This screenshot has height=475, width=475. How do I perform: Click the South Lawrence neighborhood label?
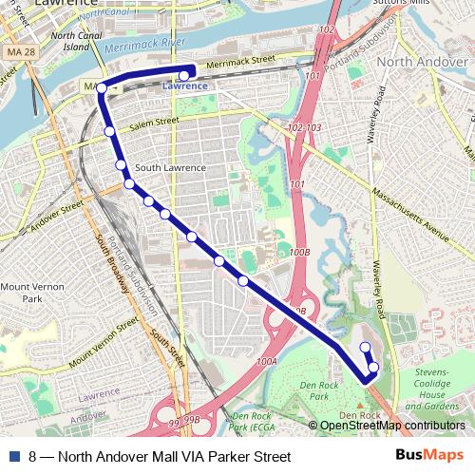[x=170, y=168]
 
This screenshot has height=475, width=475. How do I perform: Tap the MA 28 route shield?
[x=17, y=49]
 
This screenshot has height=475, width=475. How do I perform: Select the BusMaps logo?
[x=430, y=455]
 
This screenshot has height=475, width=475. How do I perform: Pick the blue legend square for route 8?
[x=12, y=456]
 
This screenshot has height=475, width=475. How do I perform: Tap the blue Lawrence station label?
[x=184, y=86]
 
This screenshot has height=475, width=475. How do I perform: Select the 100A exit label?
[x=266, y=361]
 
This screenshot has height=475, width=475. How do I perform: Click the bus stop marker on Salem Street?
[x=109, y=131]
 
